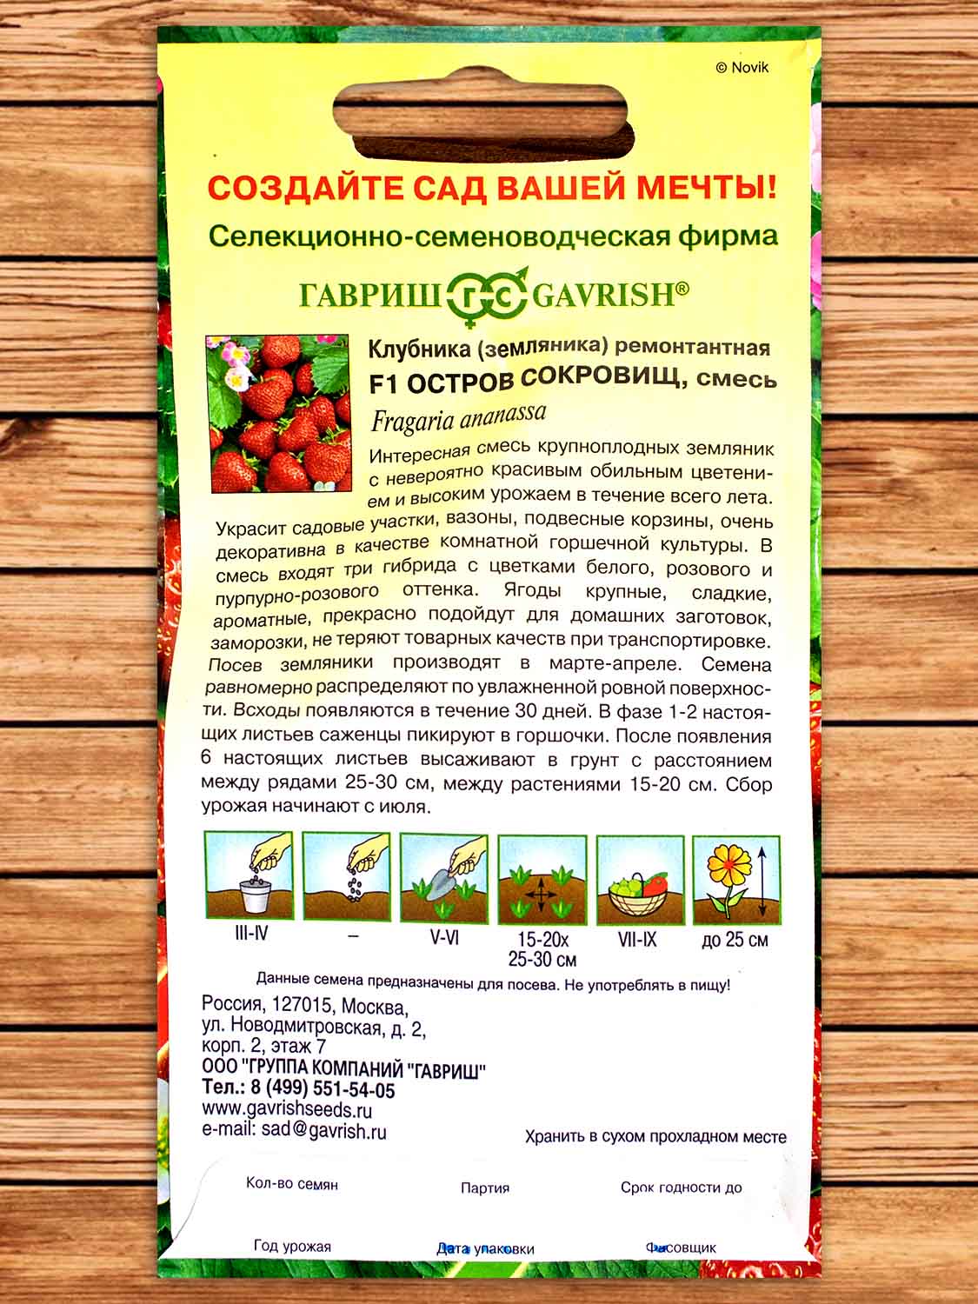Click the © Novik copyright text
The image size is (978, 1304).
click(x=742, y=68)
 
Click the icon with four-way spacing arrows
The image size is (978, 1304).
click(x=542, y=879)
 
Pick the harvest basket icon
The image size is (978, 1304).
click(x=640, y=879)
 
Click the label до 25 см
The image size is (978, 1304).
click(x=735, y=940)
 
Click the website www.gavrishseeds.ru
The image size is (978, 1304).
click(x=287, y=1110)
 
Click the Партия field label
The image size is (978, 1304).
click(x=485, y=1188)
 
